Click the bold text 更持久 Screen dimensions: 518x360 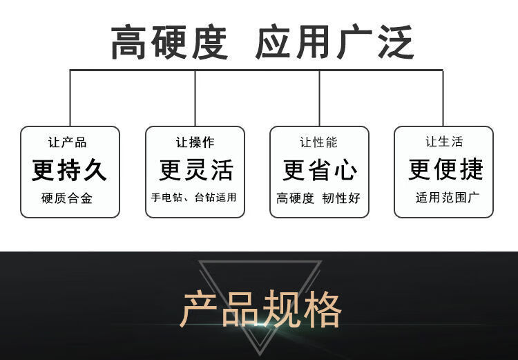[70, 170]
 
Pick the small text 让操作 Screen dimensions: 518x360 [195, 142]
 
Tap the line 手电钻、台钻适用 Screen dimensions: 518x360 [194, 198]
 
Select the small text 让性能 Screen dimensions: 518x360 [318, 142]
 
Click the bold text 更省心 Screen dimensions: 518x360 [320, 170]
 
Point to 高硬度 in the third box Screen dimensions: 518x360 [296, 199]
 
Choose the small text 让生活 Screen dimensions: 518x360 [444, 142]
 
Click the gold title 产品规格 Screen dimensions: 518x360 [261, 309]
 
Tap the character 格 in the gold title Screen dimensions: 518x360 [322, 309]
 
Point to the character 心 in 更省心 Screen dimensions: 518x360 [345, 170]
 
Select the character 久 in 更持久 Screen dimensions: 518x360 [95, 170]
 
